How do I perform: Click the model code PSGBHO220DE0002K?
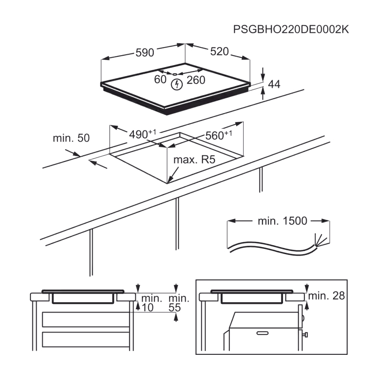(x=291, y=29)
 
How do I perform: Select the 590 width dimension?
(x=145, y=52)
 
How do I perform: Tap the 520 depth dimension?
(x=219, y=51)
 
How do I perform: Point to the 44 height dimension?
(x=274, y=84)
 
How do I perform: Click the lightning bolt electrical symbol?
(x=177, y=85)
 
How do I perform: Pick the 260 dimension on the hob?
(x=196, y=80)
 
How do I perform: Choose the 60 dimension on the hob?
(x=160, y=79)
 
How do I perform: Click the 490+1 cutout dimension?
(x=142, y=134)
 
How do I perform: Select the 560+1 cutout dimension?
(x=218, y=135)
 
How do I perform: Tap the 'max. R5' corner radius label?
(x=194, y=160)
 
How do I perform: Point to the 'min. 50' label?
(x=71, y=138)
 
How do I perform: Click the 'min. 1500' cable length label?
(x=282, y=221)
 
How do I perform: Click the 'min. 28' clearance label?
(x=326, y=295)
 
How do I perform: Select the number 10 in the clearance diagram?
(x=148, y=307)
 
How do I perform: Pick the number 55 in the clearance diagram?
(x=175, y=307)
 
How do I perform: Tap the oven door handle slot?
(x=263, y=333)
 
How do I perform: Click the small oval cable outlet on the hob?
(x=174, y=74)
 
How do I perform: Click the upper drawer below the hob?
(x=86, y=319)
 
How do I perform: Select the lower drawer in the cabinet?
(x=86, y=339)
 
